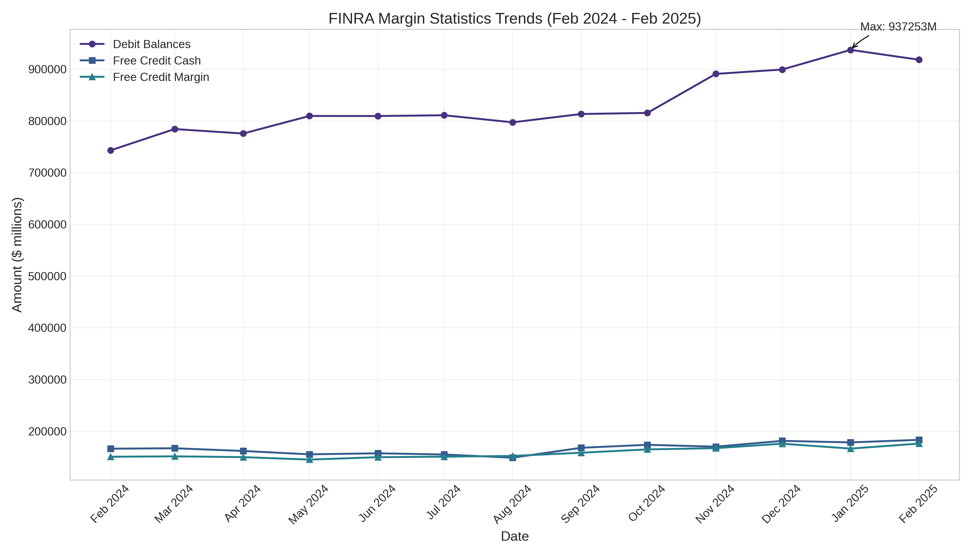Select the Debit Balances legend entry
click(151, 44)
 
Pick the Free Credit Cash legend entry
click(156, 61)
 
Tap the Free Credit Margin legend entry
click(161, 77)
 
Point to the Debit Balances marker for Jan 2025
click(850, 50)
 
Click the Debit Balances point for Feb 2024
click(111, 151)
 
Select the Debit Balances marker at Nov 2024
click(716, 74)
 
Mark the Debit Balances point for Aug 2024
click(513, 122)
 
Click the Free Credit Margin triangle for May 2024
click(309, 459)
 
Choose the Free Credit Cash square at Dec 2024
click(782, 441)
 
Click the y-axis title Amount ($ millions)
click(17, 255)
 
